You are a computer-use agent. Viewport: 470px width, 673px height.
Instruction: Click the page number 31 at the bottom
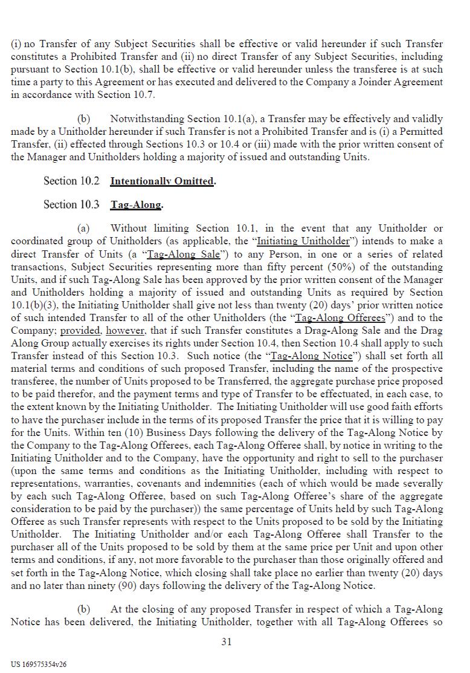pos(227,642)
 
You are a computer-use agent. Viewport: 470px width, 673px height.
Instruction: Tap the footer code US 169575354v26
pos(39,664)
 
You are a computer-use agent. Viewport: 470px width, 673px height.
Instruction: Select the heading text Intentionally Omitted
pos(162,181)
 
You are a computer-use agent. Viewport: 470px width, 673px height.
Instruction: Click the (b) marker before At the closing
pos(83,609)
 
